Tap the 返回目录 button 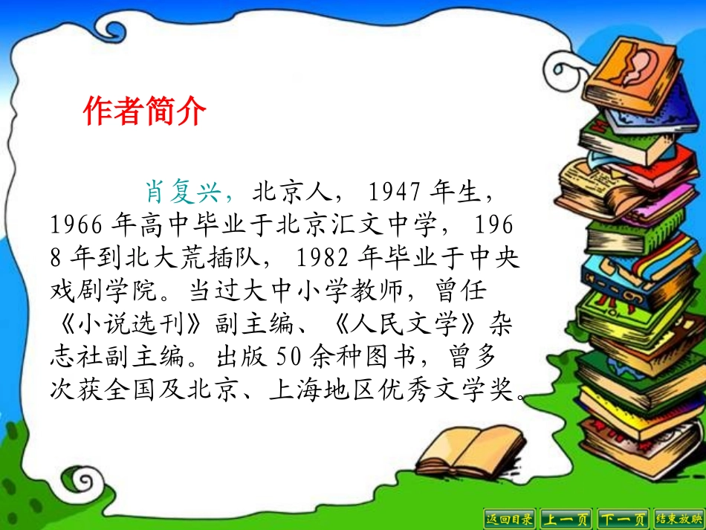coord(509,518)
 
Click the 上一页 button coord(566,518)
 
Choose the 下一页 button coord(624,518)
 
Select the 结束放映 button coord(679,518)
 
